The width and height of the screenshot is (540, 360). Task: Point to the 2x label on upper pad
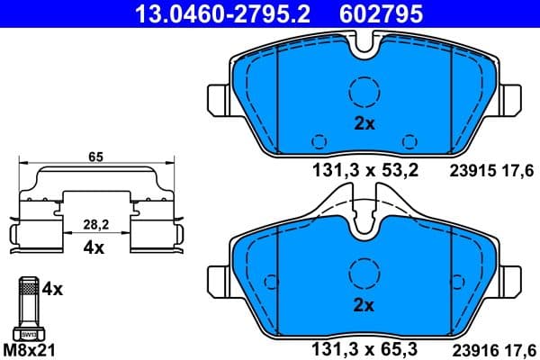(x=364, y=125)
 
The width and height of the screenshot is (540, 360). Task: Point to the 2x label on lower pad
(x=364, y=305)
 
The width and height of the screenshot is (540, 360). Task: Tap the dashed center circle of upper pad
(x=364, y=93)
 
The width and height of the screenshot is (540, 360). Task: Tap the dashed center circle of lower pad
(x=364, y=272)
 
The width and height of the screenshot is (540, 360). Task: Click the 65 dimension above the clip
(x=95, y=157)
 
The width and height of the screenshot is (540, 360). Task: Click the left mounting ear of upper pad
(x=217, y=96)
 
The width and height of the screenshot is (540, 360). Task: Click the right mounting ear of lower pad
(x=513, y=277)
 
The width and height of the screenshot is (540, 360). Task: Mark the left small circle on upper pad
(x=317, y=140)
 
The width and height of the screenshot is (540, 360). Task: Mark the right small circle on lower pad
(x=410, y=320)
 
